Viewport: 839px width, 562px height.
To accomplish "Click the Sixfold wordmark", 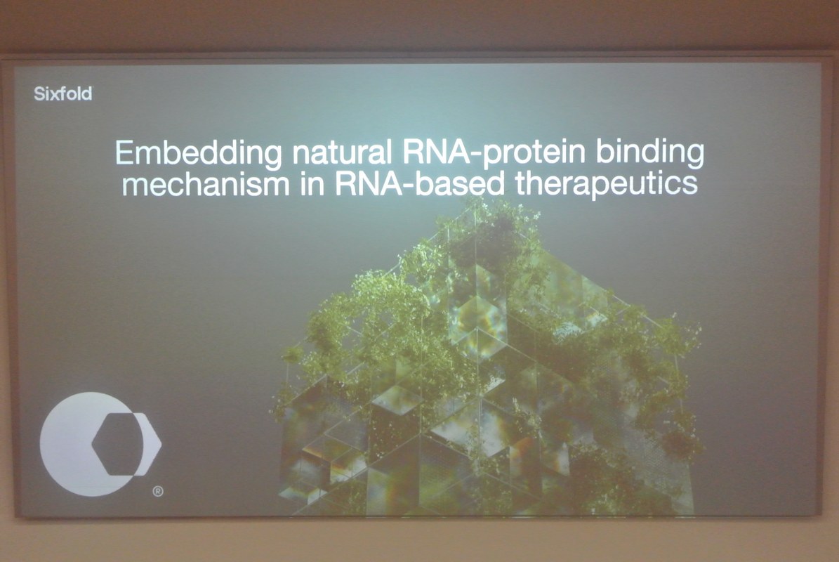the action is (x=62, y=93).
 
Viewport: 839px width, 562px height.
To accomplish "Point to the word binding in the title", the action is (x=649, y=153).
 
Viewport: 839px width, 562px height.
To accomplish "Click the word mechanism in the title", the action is (x=206, y=184).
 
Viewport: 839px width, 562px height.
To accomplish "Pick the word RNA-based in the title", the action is (x=420, y=183).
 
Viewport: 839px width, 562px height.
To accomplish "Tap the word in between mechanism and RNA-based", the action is (x=312, y=183).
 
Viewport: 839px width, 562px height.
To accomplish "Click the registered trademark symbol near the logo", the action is (x=158, y=491).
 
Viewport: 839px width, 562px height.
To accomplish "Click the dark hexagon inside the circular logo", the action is (x=118, y=444).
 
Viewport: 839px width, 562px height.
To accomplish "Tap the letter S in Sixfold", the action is (x=39, y=93).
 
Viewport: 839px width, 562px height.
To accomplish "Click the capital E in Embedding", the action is (x=124, y=152).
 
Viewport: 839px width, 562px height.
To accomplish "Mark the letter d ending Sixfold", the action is (x=87, y=93).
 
